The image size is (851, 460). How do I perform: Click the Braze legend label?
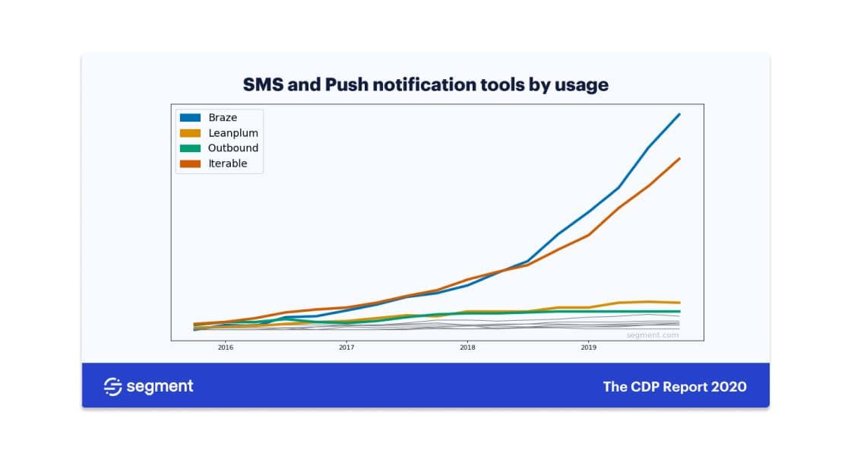[x=223, y=118]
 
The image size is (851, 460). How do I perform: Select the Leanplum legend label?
[x=233, y=133]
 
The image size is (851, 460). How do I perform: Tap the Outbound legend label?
[x=233, y=148]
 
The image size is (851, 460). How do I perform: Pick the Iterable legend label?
[x=227, y=163]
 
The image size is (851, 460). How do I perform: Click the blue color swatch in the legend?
[x=190, y=118]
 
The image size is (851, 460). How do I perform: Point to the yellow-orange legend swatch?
[x=190, y=133]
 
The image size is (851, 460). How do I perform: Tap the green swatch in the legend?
[x=190, y=148]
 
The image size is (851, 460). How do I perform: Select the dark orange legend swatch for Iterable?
[x=190, y=163]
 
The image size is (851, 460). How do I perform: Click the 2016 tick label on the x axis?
[x=226, y=347]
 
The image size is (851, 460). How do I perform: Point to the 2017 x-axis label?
[x=346, y=347]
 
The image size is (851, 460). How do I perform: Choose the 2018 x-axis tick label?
[x=467, y=347]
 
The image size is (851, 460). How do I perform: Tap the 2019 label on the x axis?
[x=588, y=347]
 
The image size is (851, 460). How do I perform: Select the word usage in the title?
[x=583, y=85]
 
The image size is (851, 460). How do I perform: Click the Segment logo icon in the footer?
[x=112, y=387]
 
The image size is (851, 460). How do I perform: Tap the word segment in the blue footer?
[x=160, y=387]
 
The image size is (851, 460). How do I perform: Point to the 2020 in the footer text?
[x=729, y=387]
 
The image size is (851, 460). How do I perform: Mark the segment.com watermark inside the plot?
[x=652, y=335]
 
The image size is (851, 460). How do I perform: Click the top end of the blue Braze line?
[x=679, y=114]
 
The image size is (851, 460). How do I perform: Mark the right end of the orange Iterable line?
[x=679, y=159]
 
